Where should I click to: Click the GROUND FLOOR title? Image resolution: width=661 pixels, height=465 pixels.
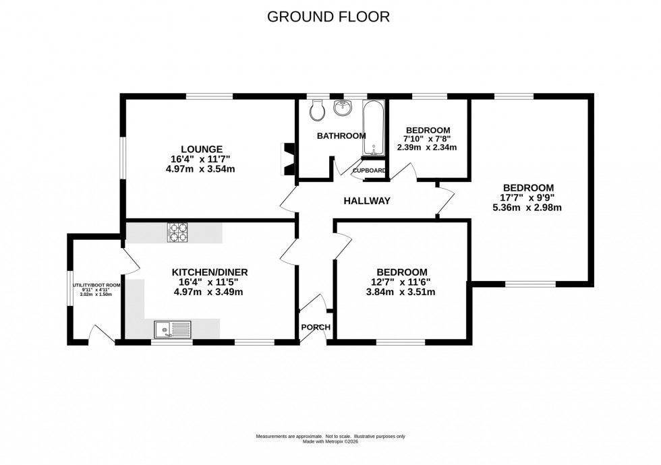pyautogui.click(x=328, y=17)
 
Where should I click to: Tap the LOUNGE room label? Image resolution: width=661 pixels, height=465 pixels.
pyautogui.click(x=201, y=149)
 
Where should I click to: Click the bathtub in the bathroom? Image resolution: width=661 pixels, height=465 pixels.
pyautogui.click(x=373, y=129)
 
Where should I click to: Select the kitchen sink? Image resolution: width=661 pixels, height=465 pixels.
pyautogui.click(x=173, y=329)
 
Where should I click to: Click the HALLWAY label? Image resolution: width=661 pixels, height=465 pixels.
pyautogui.click(x=367, y=201)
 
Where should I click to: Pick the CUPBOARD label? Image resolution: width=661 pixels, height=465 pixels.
pyautogui.click(x=370, y=170)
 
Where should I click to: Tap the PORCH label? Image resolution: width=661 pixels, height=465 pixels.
pyautogui.click(x=316, y=328)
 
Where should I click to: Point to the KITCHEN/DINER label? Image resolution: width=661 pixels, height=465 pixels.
pyautogui.click(x=209, y=272)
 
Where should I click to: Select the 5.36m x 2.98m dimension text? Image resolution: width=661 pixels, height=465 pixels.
pyautogui.click(x=527, y=208)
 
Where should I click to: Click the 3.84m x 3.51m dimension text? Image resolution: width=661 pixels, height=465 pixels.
pyautogui.click(x=401, y=292)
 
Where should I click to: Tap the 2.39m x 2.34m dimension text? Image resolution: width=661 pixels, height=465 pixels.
pyautogui.click(x=427, y=148)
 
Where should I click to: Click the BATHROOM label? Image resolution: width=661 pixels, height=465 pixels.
pyautogui.click(x=341, y=136)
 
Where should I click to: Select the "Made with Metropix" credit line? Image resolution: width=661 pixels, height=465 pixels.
pyautogui.click(x=330, y=442)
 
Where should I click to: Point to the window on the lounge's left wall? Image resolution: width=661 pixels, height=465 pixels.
pyautogui.click(x=123, y=158)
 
